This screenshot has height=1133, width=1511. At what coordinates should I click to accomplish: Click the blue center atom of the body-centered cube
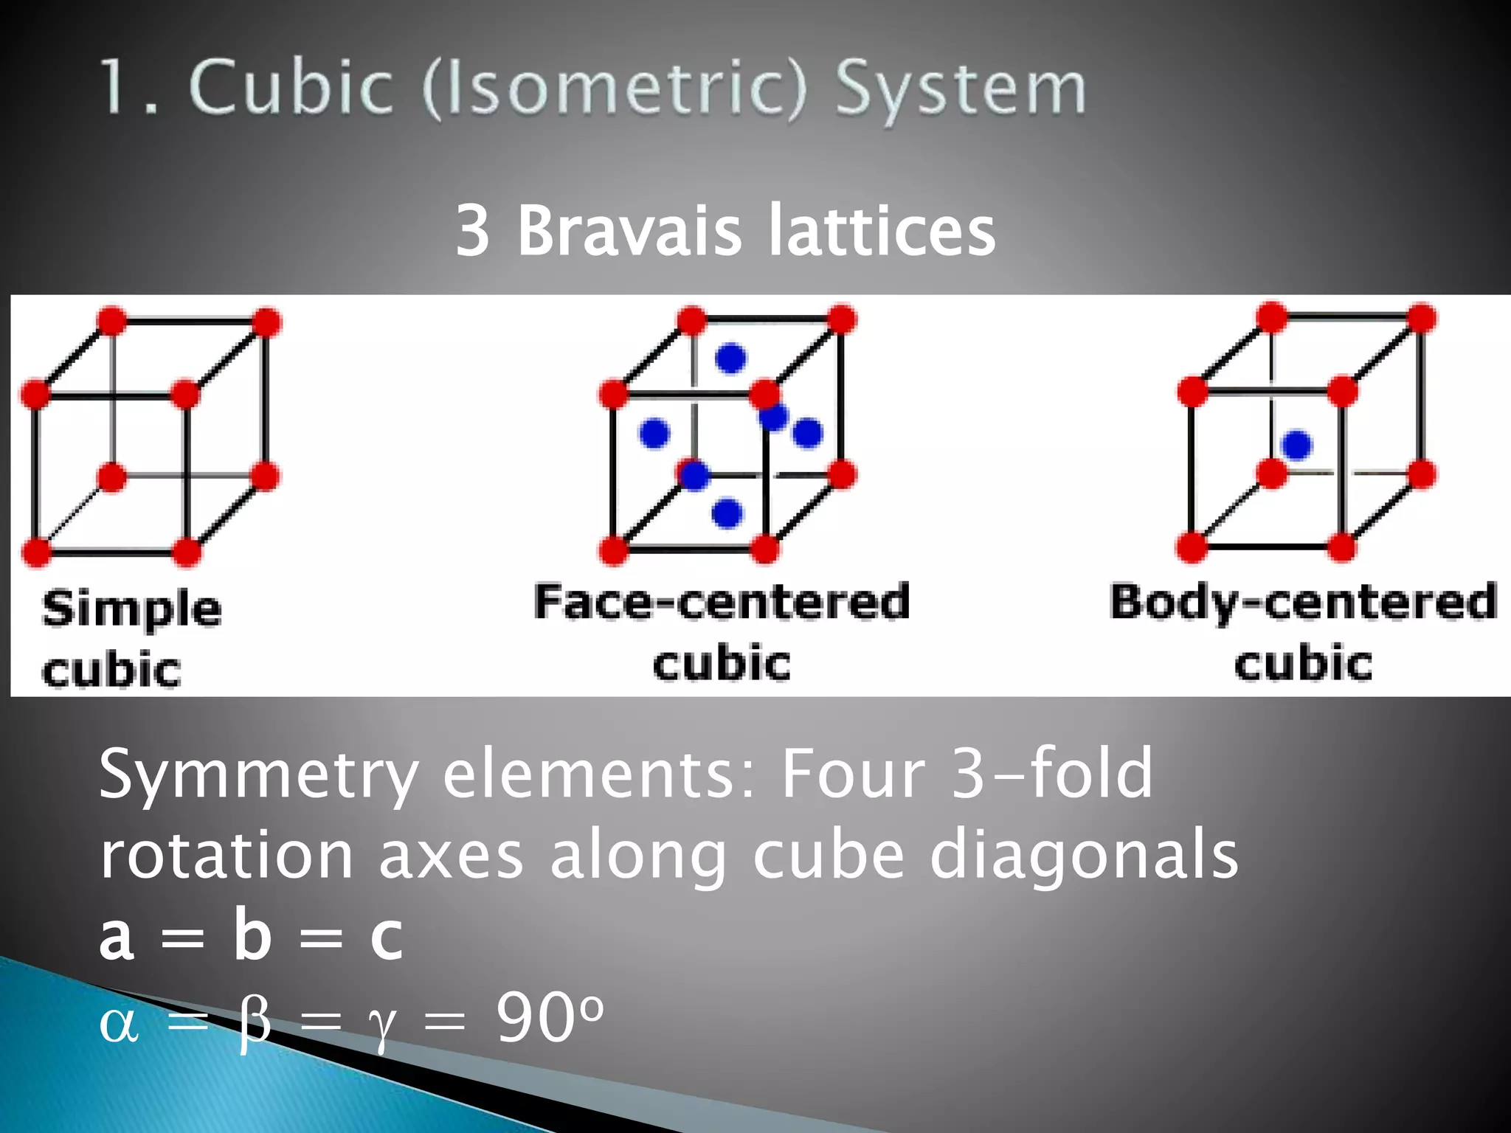(1296, 445)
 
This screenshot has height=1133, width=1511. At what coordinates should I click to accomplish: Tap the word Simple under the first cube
(131, 609)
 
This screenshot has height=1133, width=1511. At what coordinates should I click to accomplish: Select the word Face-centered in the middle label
(722, 602)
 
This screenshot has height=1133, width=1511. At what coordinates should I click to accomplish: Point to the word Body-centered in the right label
(1303, 602)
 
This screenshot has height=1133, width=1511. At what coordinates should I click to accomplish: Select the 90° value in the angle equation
(550, 1019)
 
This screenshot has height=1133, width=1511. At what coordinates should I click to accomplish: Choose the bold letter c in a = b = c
(387, 938)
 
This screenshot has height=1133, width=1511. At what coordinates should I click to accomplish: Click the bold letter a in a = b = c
(117, 938)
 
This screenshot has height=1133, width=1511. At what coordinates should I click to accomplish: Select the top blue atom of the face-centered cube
(730, 358)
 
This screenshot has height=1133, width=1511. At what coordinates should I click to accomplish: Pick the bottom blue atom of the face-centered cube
(727, 513)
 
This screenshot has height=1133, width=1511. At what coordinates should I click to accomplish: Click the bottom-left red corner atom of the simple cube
(36, 552)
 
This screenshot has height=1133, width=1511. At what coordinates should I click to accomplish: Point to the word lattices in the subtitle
(882, 231)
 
